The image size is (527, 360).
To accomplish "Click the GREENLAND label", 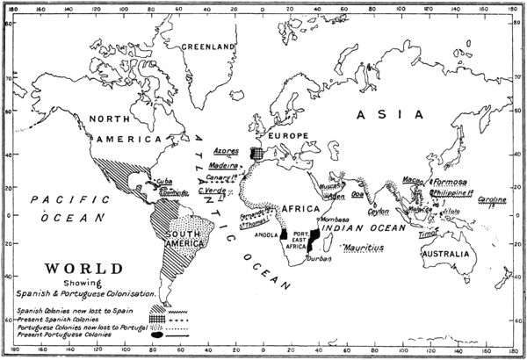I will [209, 46].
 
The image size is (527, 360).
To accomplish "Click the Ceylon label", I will [378, 212].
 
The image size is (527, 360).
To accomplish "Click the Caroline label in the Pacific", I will [492, 200].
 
